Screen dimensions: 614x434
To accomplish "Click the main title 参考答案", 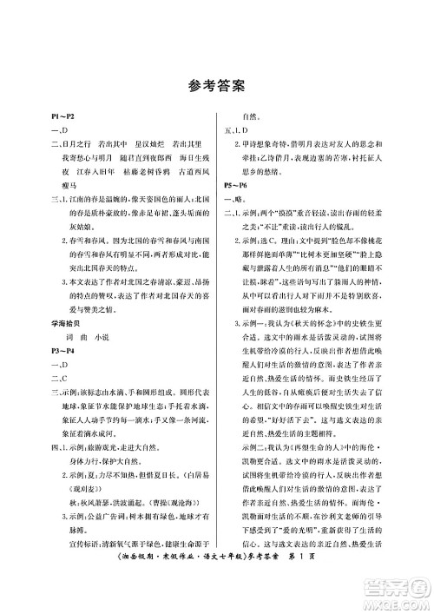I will click(x=217, y=85).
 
